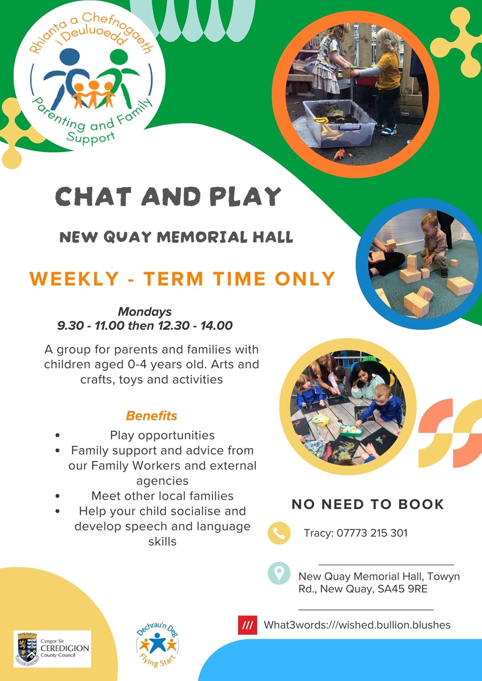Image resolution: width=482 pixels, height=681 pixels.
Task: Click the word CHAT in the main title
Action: coord(93,196)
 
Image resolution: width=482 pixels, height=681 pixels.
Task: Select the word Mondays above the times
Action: coord(145,312)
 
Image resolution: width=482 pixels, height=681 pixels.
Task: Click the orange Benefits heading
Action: coord(151,416)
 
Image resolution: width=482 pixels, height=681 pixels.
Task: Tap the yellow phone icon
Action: coord(279,533)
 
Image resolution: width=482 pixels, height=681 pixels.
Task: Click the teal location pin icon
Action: coord(279,573)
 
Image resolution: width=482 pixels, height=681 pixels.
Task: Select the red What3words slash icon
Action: coord(247,625)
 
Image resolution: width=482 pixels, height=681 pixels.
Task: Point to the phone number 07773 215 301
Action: coord(372,533)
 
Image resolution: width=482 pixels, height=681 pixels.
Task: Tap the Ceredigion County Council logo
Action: coord(52,648)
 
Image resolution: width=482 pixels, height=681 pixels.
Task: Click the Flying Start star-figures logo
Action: coord(158,644)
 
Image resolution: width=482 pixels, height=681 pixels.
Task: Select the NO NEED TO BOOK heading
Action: coord(368,504)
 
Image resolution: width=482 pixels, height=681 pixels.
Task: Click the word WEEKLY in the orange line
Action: coord(74,279)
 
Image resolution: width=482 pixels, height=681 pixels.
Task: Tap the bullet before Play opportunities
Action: coord(57,435)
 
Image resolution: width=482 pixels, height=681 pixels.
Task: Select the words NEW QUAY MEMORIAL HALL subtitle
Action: coord(176,237)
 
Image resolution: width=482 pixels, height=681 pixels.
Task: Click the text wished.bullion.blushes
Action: coord(394,625)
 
